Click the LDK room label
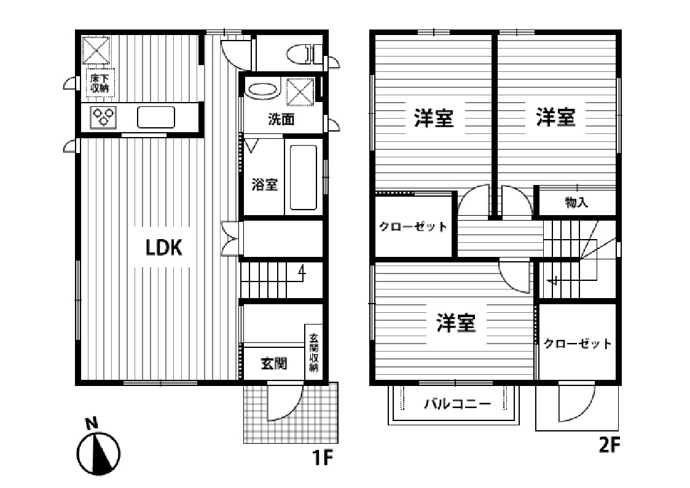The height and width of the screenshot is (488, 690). click(163, 248)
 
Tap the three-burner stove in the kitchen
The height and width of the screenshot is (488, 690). click(103, 117)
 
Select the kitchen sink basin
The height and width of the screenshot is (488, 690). click(156, 117)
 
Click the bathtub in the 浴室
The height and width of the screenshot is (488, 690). click(302, 179)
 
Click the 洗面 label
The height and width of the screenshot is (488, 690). click(281, 119)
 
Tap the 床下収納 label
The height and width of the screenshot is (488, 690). click(100, 83)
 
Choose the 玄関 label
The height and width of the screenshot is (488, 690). click(274, 364)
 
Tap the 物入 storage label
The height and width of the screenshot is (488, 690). click(576, 202)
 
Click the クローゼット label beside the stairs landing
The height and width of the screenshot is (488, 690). click(413, 227)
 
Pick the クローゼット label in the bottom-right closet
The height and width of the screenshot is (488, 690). click(578, 344)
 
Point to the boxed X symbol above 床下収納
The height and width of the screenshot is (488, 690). click(97, 49)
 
